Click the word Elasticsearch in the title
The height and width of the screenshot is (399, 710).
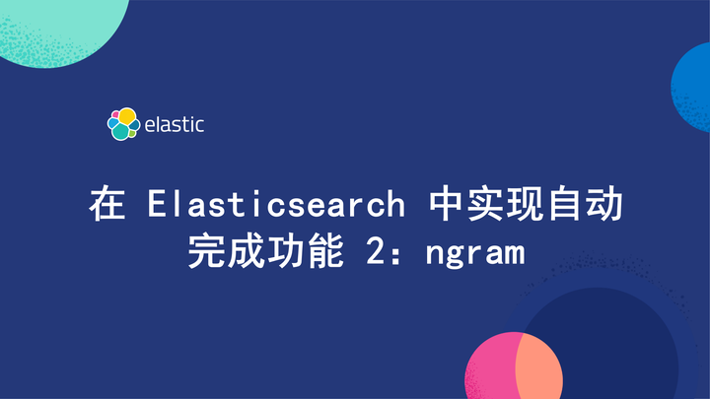[276, 205]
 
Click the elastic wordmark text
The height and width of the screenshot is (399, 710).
[174, 125]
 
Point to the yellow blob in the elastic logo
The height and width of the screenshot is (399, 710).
[126, 116]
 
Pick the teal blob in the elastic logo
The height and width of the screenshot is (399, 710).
[121, 132]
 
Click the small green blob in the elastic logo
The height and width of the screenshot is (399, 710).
[132, 125]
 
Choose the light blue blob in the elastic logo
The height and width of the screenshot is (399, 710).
[112, 124]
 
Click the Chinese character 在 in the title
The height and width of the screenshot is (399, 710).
[106, 205]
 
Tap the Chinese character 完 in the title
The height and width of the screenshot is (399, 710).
[205, 253]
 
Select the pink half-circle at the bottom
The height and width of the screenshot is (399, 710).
[490, 369]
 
